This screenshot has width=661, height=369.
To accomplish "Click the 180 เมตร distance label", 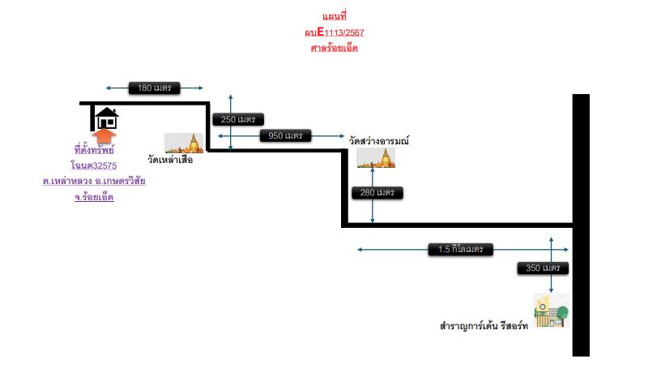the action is pyautogui.click(x=154, y=88).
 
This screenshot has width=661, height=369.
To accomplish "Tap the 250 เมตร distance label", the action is pyautogui.click(x=238, y=119).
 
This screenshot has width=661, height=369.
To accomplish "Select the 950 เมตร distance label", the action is pyautogui.click(x=285, y=135).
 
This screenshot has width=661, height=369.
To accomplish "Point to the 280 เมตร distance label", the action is pyautogui.click(x=377, y=192).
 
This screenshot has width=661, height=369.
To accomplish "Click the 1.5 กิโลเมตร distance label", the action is pyautogui.click(x=460, y=249).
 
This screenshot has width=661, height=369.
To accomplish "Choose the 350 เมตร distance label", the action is pyautogui.click(x=543, y=268).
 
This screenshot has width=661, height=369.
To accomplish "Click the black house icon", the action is pyautogui.click(x=107, y=118).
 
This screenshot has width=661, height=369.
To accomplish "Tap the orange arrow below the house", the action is pyautogui.click(x=104, y=136).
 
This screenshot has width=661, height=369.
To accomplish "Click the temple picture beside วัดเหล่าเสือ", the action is pyautogui.click(x=184, y=143).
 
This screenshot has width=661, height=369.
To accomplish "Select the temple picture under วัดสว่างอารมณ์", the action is pyautogui.click(x=376, y=158).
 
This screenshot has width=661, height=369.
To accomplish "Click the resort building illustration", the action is pyautogui.click(x=552, y=311).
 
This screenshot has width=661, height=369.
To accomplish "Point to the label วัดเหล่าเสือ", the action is pyautogui.click(x=170, y=160).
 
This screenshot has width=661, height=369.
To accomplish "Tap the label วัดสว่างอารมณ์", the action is pyautogui.click(x=379, y=140).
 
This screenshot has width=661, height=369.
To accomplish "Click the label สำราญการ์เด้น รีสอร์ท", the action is pyautogui.click(x=484, y=325).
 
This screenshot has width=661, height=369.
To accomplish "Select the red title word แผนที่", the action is pyautogui.click(x=335, y=16).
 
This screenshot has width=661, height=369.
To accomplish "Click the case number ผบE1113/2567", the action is pyautogui.click(x=335, y=32).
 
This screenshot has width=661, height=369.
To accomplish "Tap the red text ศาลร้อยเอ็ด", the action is pyautogui.click(x=335, y=48).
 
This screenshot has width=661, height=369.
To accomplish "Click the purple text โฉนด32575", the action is pyautogui.click(x=94, y=165).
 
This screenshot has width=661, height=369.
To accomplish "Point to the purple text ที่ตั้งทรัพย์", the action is pyautogui.click(x=94, y=149).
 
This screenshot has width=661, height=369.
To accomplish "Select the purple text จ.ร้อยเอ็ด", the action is pyautogui.click(x=94, y=197).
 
